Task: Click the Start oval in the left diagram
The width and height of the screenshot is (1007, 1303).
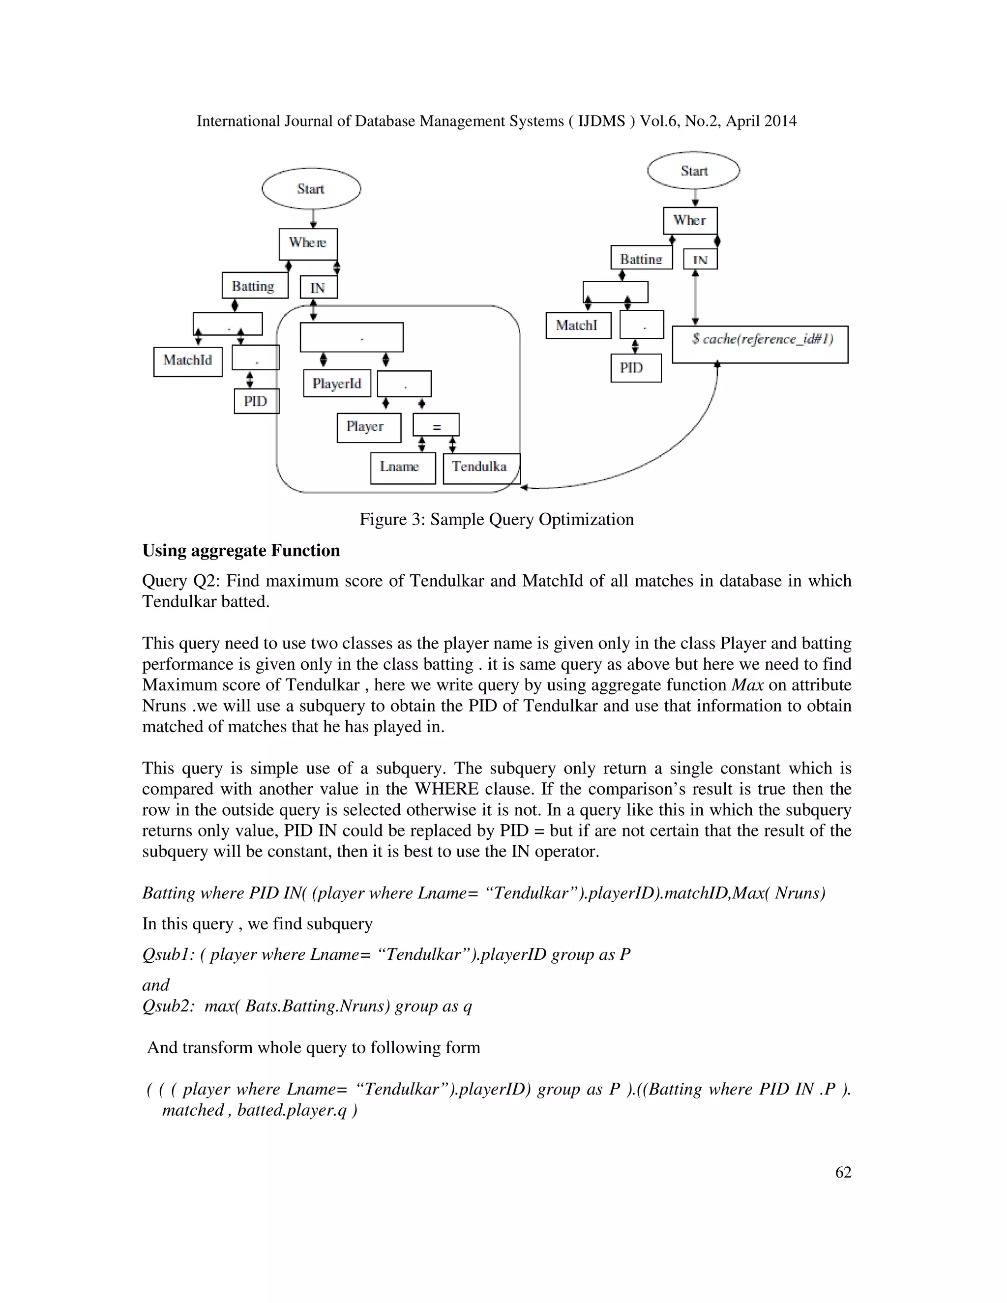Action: [311, 188]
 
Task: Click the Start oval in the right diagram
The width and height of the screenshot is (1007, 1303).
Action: [693, 171]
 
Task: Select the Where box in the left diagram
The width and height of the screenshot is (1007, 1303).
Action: [308, 243]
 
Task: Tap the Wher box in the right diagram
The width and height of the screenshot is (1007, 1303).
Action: [690, 221]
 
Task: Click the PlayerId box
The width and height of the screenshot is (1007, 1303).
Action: [336, 384]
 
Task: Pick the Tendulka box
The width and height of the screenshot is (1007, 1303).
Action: [481, 468]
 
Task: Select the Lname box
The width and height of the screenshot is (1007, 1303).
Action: [402, 468]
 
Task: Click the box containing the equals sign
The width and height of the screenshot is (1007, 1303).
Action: [436, 425]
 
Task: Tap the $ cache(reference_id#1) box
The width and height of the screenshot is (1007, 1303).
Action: [759, 344]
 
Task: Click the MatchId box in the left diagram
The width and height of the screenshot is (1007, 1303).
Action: [187, 361]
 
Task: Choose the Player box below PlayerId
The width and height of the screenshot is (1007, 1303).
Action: [368, 427]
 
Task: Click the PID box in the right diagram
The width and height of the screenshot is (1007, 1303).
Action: [635, 368]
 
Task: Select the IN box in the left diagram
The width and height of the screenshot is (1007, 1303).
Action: [318, 288]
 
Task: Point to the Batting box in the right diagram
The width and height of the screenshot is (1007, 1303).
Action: [641, 258]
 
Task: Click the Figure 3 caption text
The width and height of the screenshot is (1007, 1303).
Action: [496, 519]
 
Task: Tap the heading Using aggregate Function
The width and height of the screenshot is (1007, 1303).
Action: [241, 550]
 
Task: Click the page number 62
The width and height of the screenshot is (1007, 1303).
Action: [842, 1172]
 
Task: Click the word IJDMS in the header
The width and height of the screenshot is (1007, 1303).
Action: [601, 121]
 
